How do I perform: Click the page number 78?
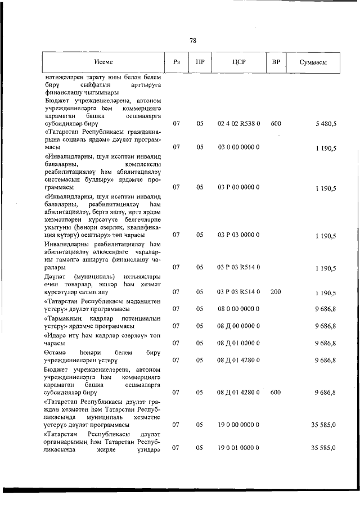point(192,40)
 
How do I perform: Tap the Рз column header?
point(176,62)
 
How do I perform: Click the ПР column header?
point(200,62)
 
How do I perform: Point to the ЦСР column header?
point(238,62)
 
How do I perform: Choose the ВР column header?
point(276,62)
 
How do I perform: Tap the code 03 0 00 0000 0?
point(238,147)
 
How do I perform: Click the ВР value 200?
point(276,292)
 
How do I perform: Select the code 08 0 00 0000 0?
point(238,308)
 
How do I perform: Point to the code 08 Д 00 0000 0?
point(238,326)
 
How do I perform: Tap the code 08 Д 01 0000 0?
point(238,343)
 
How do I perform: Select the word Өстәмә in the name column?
point(55,352)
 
